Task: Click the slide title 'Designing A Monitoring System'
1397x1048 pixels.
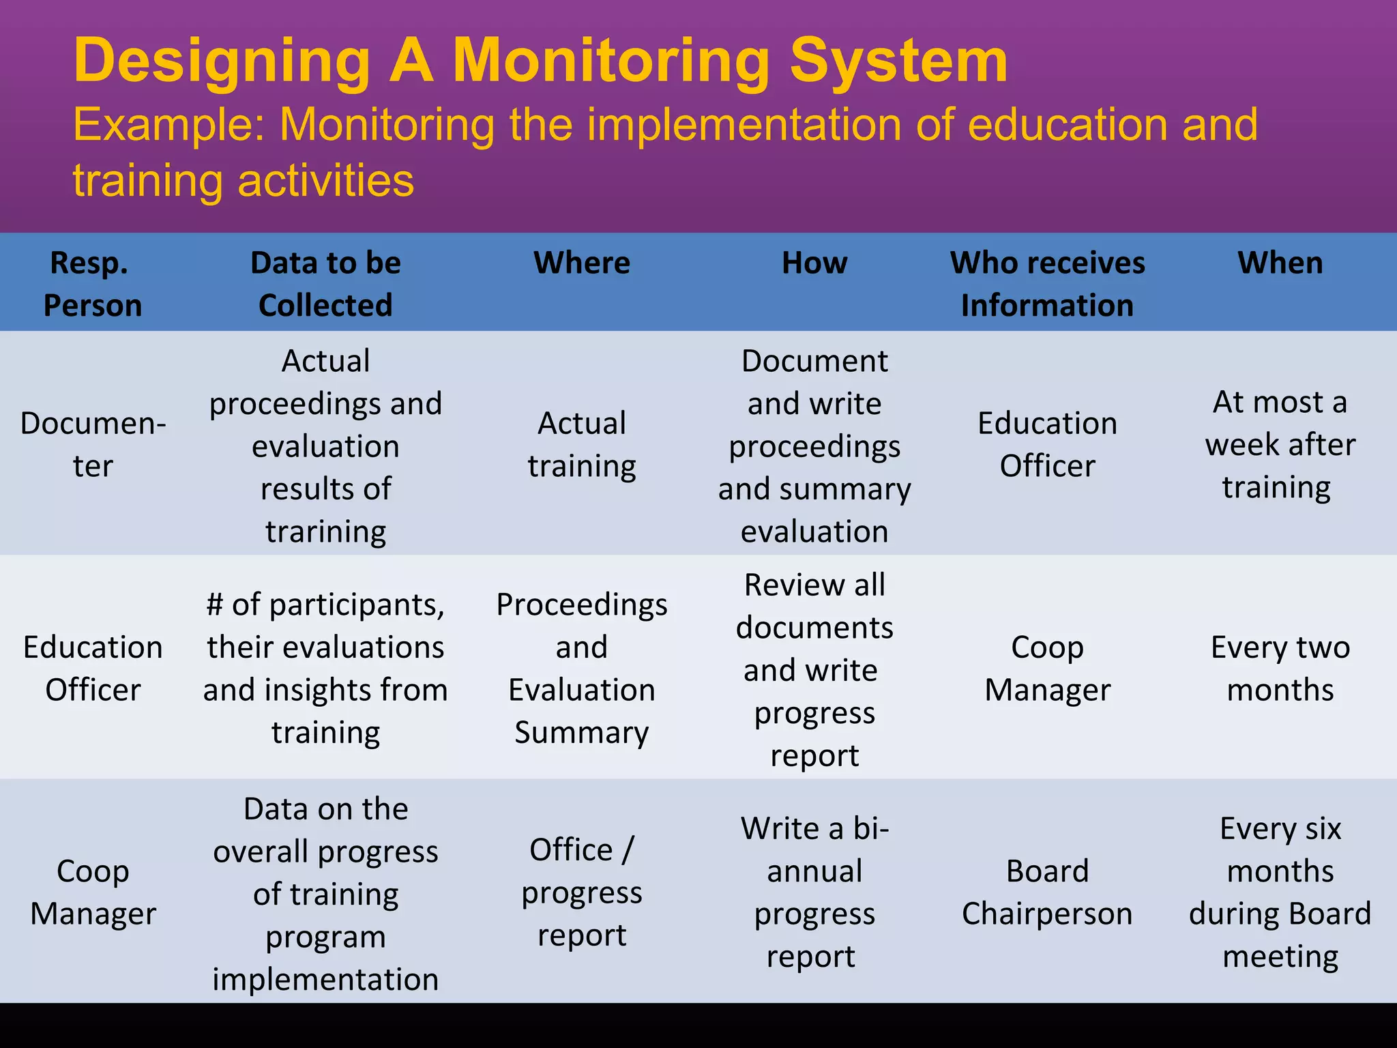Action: coord(540,61)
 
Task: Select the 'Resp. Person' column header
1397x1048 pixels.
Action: coord(93,284)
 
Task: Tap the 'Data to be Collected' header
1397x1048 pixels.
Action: coord(325,284)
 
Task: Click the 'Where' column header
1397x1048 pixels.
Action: coord(582,263)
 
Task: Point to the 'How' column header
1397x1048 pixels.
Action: coord(814,263)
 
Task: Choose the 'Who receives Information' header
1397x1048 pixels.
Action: coord(1047,284)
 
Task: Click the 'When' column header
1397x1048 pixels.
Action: coord(1280,263)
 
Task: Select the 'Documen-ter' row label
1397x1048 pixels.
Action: coord(93,444)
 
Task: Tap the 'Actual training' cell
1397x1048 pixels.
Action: coord(582,444)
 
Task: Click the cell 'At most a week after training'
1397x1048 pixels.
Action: coord(1280,444)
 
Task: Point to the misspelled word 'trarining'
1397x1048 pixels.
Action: coord(325,532)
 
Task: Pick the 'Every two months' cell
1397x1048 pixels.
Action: coord(1280,668)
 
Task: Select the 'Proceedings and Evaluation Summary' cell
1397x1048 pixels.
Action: coord(582,668)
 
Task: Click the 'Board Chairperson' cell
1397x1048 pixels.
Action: coord(1047,892)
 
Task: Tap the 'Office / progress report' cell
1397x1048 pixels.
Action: coord(582,892)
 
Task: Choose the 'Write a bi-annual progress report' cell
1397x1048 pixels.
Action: coord(814,892)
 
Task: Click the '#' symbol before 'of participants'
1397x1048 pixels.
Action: coord(215,605)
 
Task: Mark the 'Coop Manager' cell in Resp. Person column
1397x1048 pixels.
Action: coord(93,892)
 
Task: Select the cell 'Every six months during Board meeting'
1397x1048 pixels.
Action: coord(1280,892)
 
